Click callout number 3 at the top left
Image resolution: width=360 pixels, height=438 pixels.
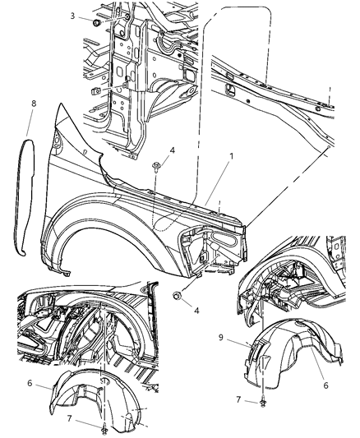pos(74,16)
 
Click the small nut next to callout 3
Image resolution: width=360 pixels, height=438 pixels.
pos(96,25)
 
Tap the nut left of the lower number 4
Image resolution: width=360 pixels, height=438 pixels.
pos(177,294)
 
